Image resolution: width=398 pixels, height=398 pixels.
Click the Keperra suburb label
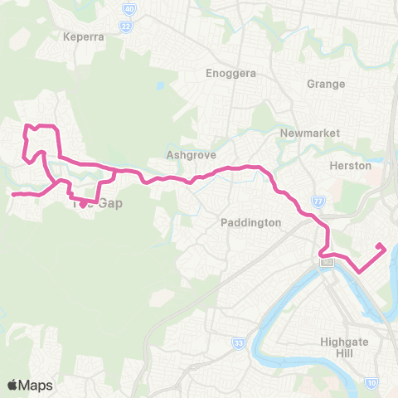tap(81, 37)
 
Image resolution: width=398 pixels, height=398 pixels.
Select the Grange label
tap(325, 84)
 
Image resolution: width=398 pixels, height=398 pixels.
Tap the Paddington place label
tap(252, 223)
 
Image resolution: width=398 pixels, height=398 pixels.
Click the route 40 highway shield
tap(129, 9)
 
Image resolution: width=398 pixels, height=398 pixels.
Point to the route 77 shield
tap(318, 201)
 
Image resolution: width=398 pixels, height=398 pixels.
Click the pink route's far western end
tap(12, 195)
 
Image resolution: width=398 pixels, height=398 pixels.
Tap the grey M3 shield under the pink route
tap(328, 262)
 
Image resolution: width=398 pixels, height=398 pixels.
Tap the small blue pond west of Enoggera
tap(159, 85)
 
